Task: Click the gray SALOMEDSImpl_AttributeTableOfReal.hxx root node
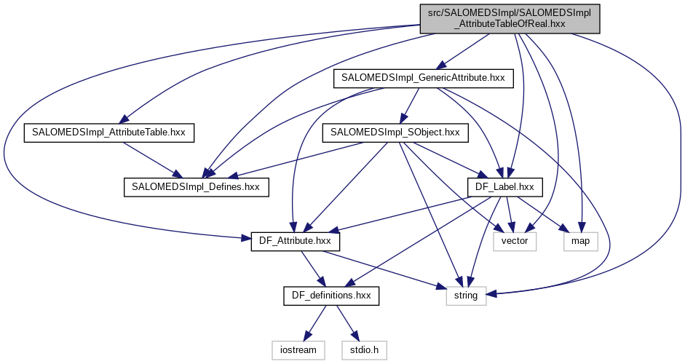509,18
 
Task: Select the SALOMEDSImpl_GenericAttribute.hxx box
423,78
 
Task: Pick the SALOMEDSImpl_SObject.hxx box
395,132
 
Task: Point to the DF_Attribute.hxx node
294,241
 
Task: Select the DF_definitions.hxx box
332,296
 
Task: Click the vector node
515,241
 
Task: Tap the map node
580,241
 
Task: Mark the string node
465,296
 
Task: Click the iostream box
298,350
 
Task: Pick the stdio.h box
364,350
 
